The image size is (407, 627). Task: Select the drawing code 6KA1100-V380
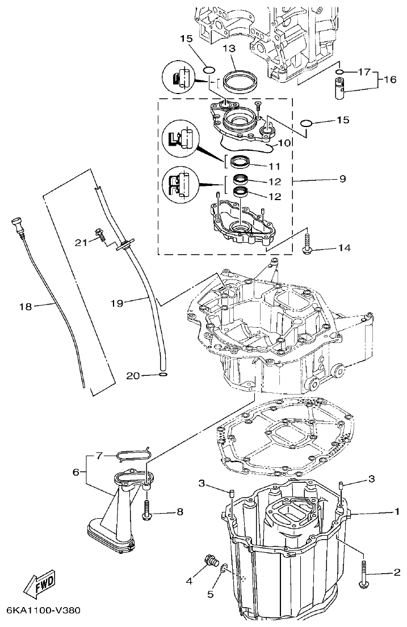(43, 611)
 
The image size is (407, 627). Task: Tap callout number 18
(25, 307)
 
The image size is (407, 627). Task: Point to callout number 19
(116, 303)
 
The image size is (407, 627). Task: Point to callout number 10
(284, 143)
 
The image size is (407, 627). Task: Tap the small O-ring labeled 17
(339, 72)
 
